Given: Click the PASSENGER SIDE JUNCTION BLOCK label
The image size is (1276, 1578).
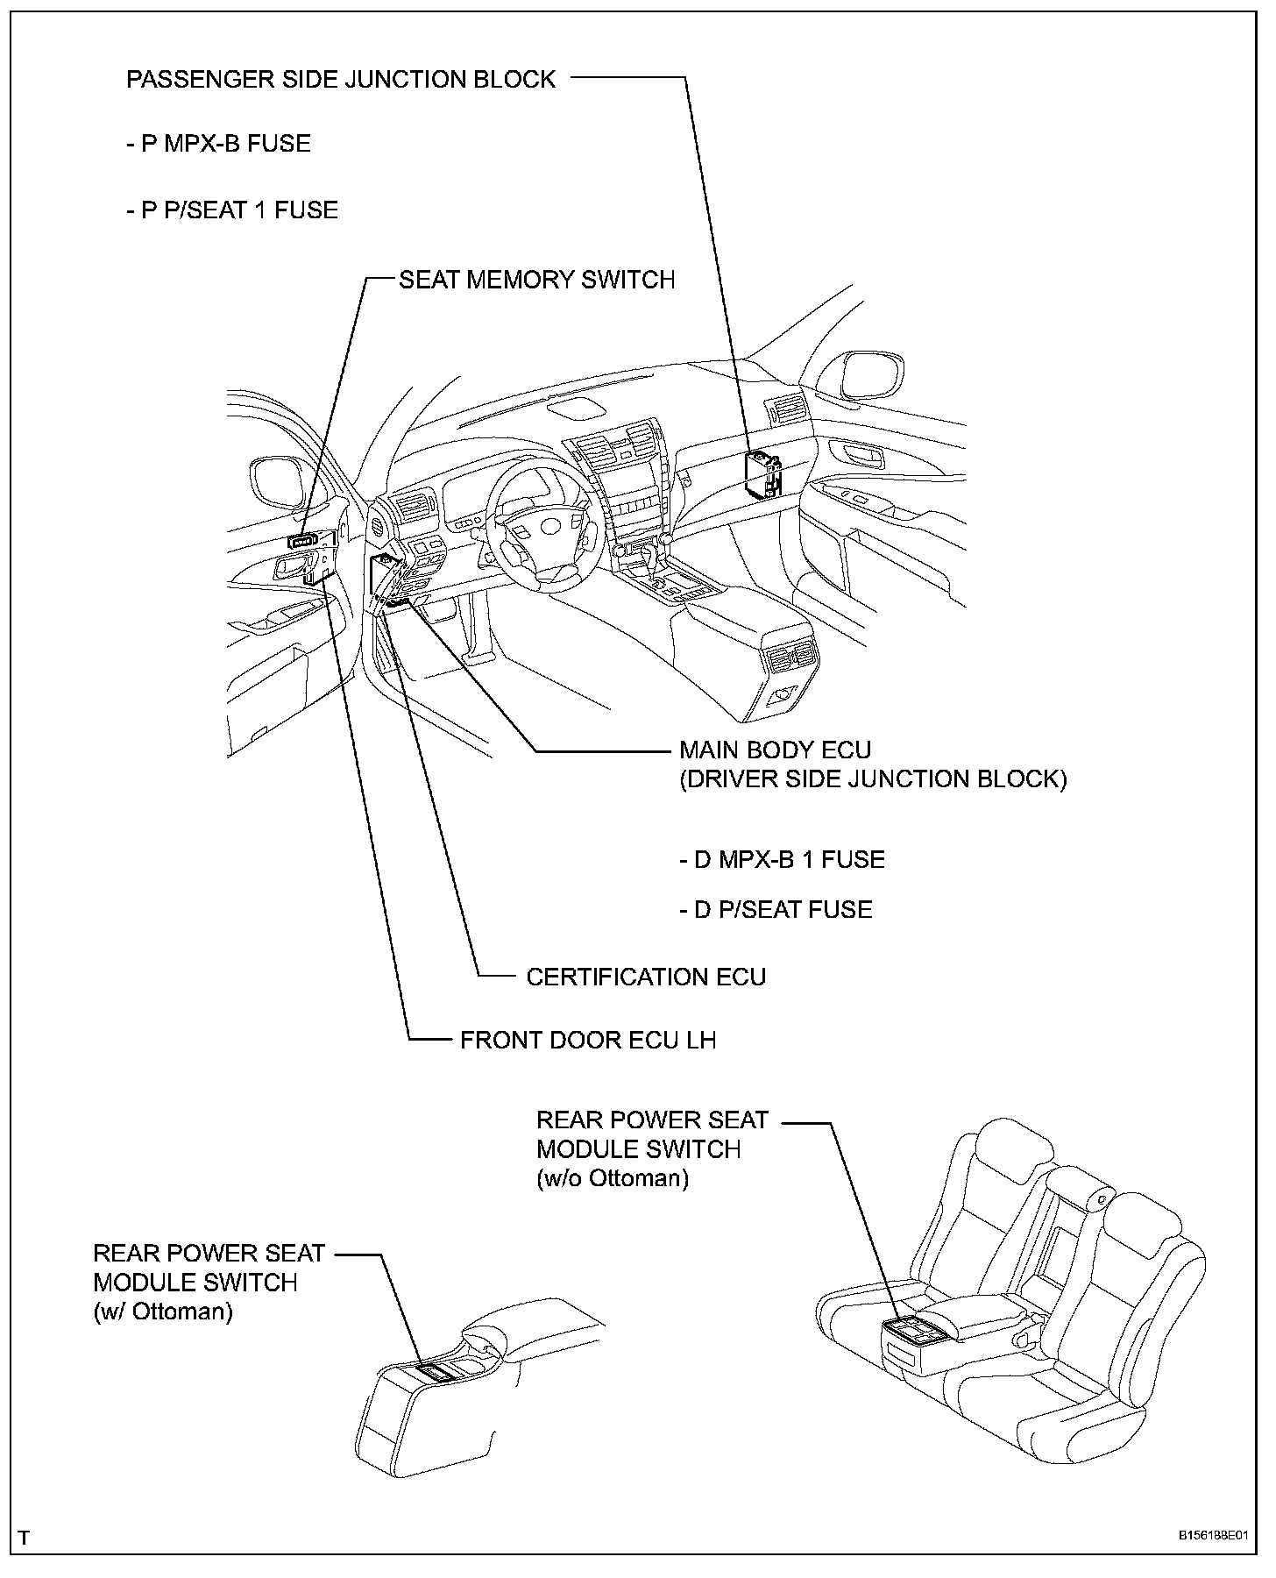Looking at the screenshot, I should pos(341,79).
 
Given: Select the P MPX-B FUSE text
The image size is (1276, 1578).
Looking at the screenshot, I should pos(218,144).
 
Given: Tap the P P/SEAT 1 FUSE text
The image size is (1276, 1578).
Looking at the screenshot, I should pos(231,210).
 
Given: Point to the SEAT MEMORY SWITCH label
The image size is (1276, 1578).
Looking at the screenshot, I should pos(536,280).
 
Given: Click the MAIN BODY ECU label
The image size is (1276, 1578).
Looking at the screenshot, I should pos(776,750).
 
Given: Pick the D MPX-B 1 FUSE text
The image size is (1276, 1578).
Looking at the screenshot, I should pos(782,859).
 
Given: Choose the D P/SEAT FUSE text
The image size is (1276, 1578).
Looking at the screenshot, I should pos(776,909).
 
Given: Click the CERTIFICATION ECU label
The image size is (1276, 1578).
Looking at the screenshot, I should pos(646,977).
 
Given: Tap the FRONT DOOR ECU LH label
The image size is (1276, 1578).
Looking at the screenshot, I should pos(588,1040).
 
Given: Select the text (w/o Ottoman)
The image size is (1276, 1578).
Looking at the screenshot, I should pos(613,1178).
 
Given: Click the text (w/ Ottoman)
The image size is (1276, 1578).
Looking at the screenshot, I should pos(163,1311).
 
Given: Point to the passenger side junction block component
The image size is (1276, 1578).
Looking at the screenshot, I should pos(762,474).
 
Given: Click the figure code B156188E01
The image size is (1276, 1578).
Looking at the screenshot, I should pos(1212,1537).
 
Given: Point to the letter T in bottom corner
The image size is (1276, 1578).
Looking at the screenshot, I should pos(24,1538).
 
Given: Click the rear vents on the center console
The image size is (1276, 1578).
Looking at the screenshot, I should pos(790,657).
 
